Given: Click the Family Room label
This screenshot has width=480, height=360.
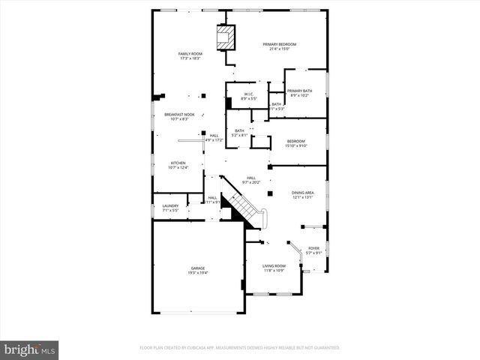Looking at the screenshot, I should point(190,54).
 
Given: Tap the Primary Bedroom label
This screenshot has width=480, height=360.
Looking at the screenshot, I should point(275,45).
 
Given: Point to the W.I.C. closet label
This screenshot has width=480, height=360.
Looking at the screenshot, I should point(249,94).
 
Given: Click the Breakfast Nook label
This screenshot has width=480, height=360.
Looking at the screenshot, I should point(179,114).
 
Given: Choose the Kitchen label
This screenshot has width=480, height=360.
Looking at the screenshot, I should point(178,163).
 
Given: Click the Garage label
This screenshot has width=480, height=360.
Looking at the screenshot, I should point(198,268).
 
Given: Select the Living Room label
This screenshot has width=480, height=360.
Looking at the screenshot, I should point(274,265).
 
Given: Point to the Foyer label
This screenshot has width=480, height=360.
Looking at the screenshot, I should point(313,247).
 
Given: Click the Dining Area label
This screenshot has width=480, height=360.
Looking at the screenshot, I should point(303,193).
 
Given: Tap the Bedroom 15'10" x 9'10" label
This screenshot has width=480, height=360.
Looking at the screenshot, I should point(296,141).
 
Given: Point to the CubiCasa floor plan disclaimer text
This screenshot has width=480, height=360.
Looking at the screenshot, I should point(240,348).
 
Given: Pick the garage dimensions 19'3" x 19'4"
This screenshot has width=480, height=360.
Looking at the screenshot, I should point(198,273).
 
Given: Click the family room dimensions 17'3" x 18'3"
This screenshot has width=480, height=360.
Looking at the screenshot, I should point(190,59).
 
